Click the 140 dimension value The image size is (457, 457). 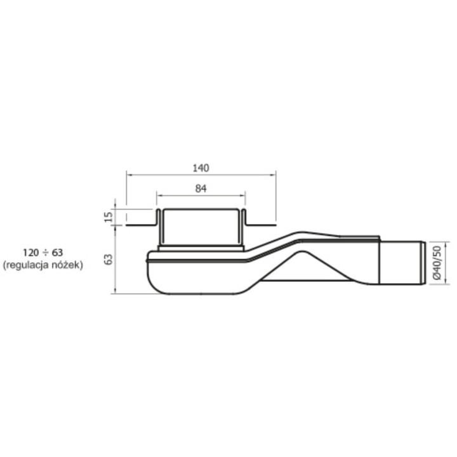pos(201,168)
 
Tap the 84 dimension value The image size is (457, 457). pos(201,188)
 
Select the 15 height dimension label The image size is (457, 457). pos(108,216)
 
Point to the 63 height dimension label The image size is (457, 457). pos(108,259)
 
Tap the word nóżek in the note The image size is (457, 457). pos(69,266)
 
